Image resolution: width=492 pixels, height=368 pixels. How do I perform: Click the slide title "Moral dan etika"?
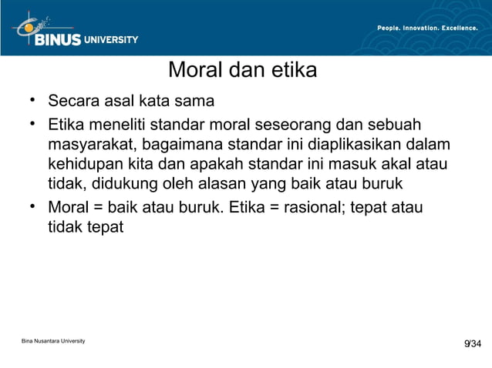(x=242, y=71)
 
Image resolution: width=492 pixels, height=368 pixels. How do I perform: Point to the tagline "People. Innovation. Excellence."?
(x=426, y=28)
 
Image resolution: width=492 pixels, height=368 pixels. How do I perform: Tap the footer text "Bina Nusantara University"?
(x=53, y=340)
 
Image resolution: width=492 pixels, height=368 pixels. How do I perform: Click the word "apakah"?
(x=252, y=164)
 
